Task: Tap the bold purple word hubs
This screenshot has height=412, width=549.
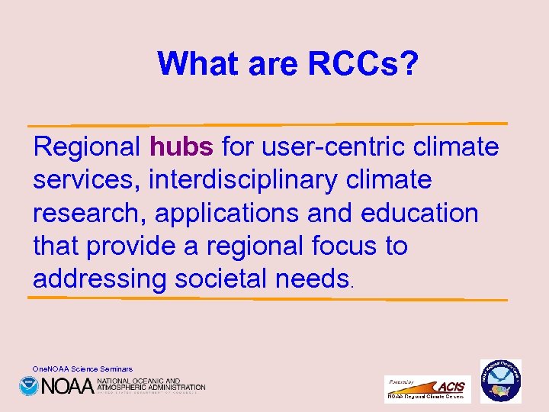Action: [182, 146]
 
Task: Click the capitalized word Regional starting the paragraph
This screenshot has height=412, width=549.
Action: [87, 146]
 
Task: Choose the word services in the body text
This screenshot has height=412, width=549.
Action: [85, 180]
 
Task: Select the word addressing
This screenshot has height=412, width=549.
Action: [99, 279]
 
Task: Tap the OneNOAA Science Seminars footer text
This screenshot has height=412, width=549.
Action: [82, 369]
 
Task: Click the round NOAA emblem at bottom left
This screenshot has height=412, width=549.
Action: [29, 386]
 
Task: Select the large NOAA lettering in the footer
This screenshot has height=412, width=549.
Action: [67, 386]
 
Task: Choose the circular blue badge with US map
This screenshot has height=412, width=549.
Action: [500, 381]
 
